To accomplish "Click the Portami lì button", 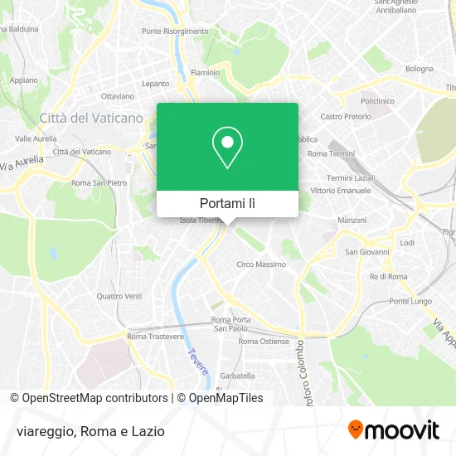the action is [227, 203].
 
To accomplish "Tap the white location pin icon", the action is [227, 147].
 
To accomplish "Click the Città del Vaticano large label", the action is [91, 119].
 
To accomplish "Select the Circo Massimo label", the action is [261, 264].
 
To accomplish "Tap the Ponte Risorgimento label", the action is [175, 32].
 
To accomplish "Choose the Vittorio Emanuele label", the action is [337, 191].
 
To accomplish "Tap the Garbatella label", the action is [237, 375].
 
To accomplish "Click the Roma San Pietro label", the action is [99, 182].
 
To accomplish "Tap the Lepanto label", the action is [155, 84].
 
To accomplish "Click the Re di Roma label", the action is [389, 276].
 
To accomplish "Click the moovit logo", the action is [393, 429].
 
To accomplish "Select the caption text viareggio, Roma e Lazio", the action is [90, 431].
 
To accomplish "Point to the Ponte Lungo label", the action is [407, 301].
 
